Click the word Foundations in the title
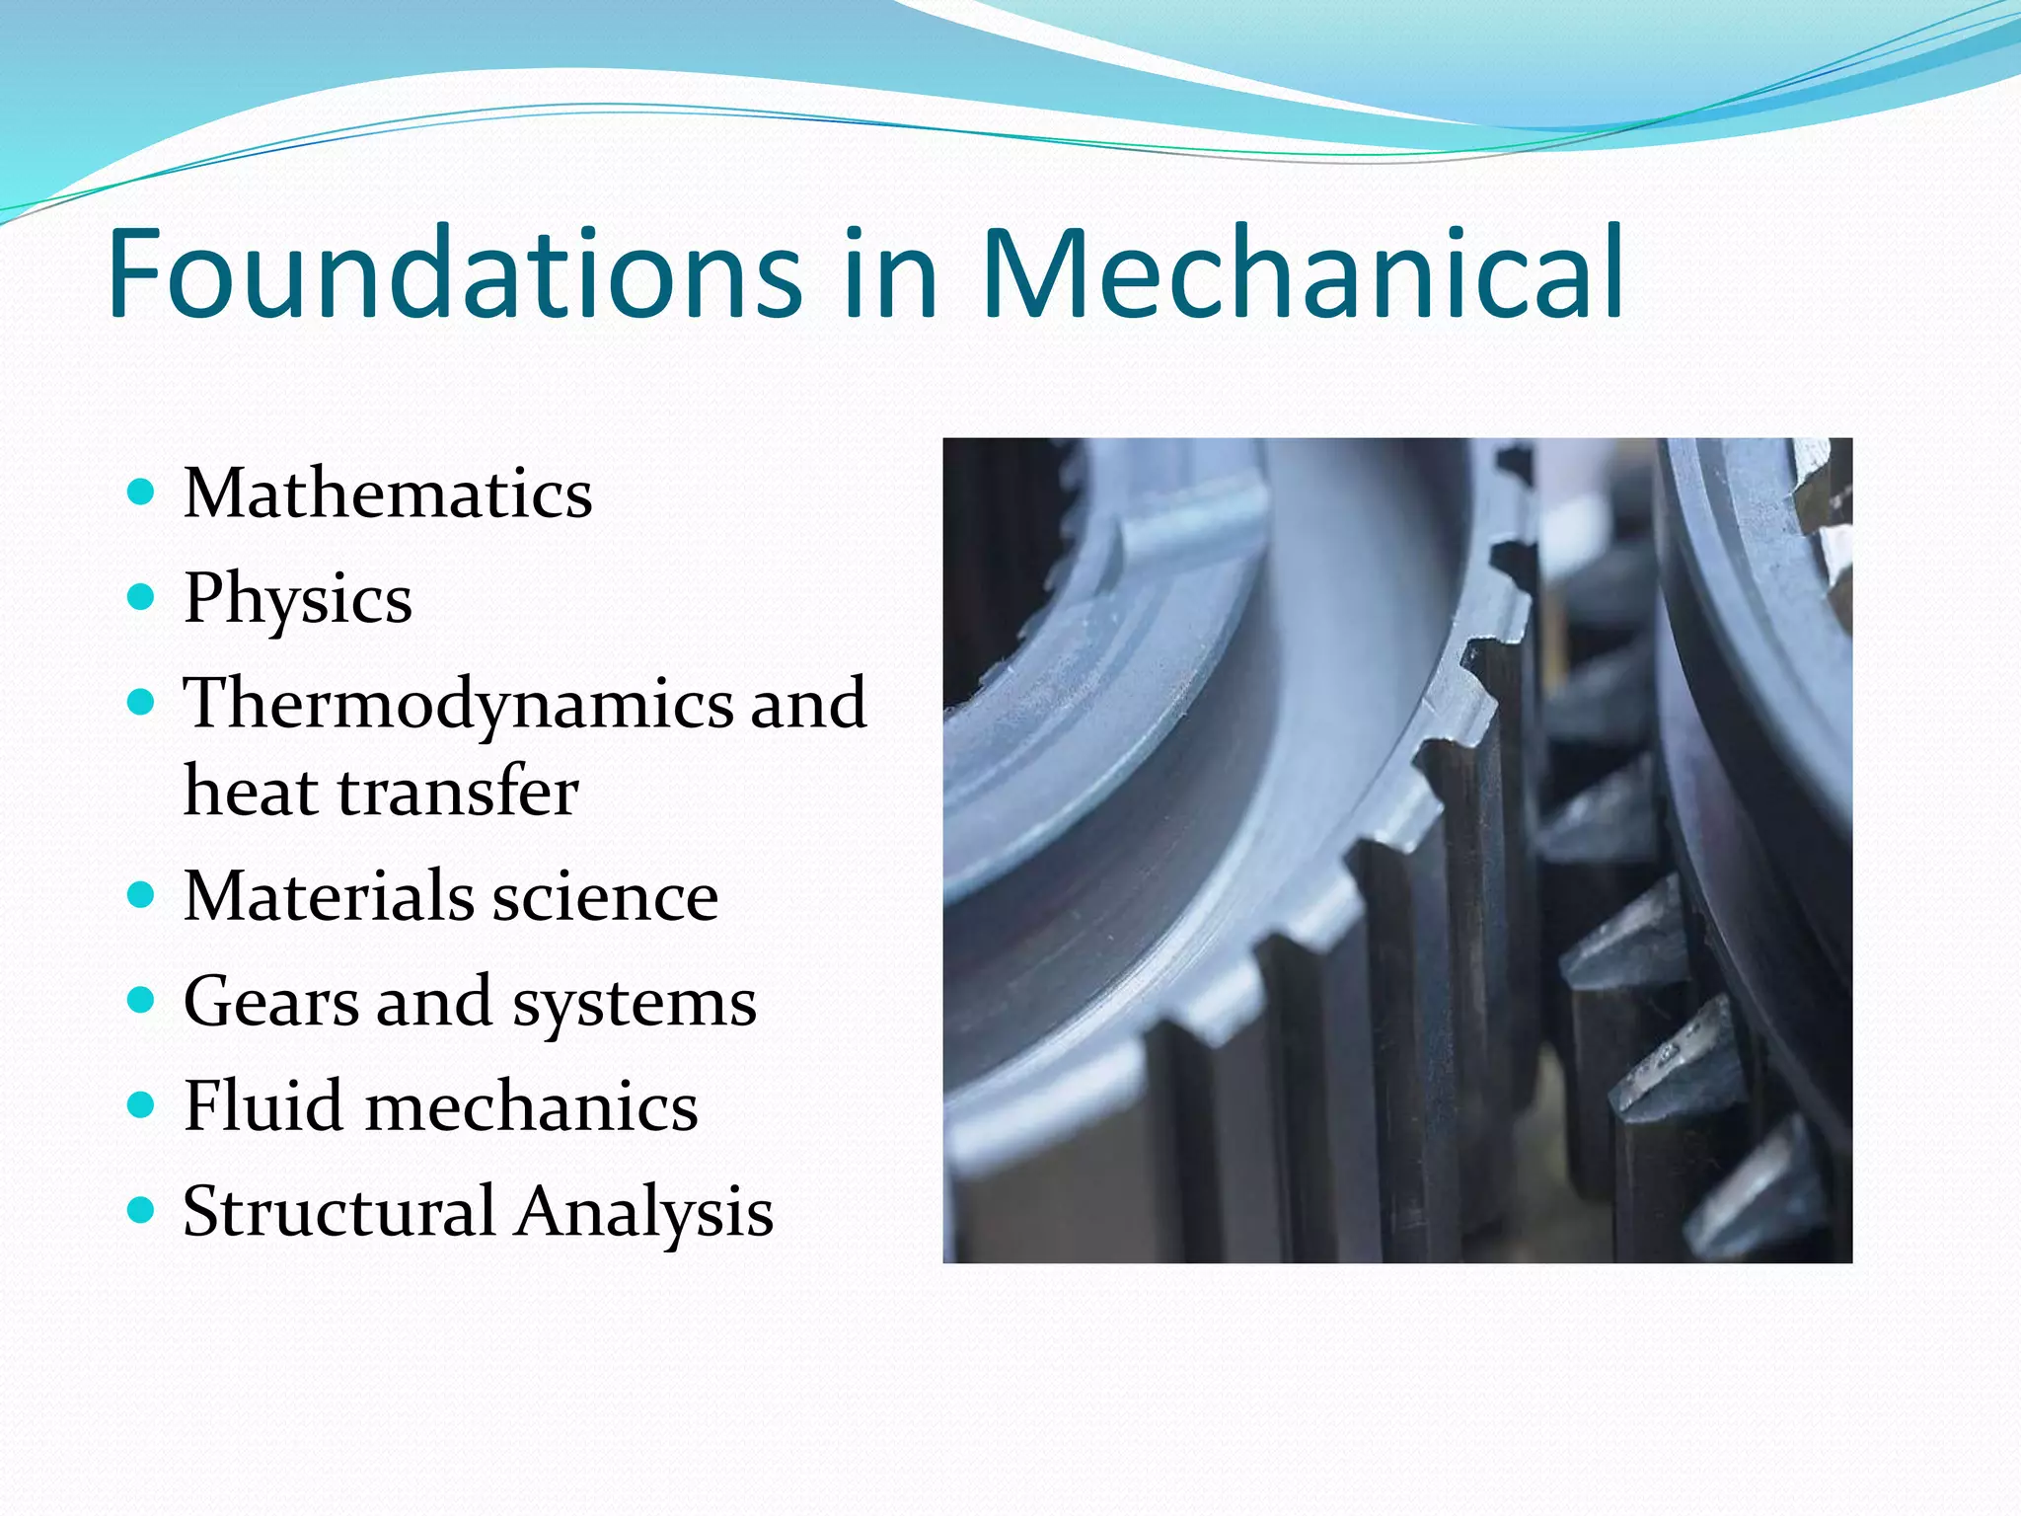click(455, 273)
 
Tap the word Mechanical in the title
click(1303, 273)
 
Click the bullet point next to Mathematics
click(142, 492)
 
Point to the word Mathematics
click(388, 493)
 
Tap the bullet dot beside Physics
click(142, 597)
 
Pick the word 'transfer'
click(458, 793)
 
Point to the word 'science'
click(605, 897)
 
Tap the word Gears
click(271, 1003)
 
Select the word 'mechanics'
click(532, 1106)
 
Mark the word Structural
click(339, 1211)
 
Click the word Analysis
click(645, 1213)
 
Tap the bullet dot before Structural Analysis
click(142, 1209)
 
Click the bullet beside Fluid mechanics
click(142, 1104)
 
